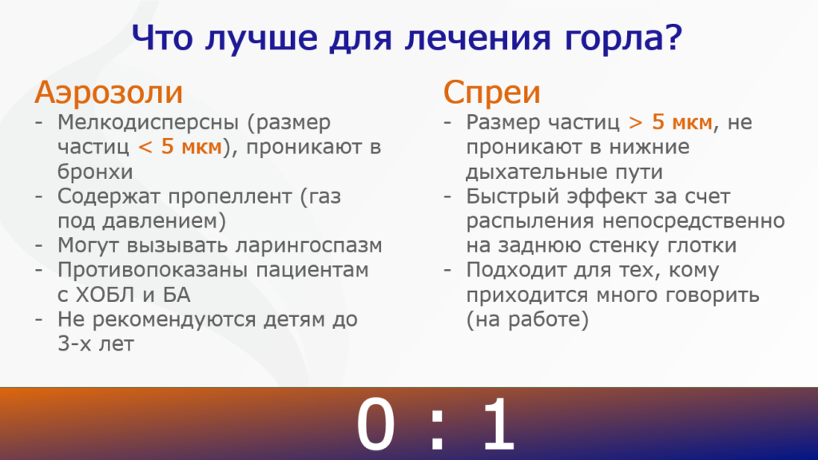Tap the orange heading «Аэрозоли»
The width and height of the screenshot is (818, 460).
point(109,93)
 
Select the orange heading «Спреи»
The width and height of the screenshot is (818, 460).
point(491,93)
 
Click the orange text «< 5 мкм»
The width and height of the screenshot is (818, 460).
point(181,147)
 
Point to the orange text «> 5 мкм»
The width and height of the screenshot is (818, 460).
point(671,122)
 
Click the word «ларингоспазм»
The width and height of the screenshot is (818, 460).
point(308,246)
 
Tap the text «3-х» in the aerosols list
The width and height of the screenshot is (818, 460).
point(77,344)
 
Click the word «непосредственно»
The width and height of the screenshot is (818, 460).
point(693,221)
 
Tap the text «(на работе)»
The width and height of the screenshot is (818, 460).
point(527,319)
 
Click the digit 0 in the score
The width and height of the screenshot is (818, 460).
point(375,423)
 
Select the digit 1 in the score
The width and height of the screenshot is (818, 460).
point(499,423)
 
